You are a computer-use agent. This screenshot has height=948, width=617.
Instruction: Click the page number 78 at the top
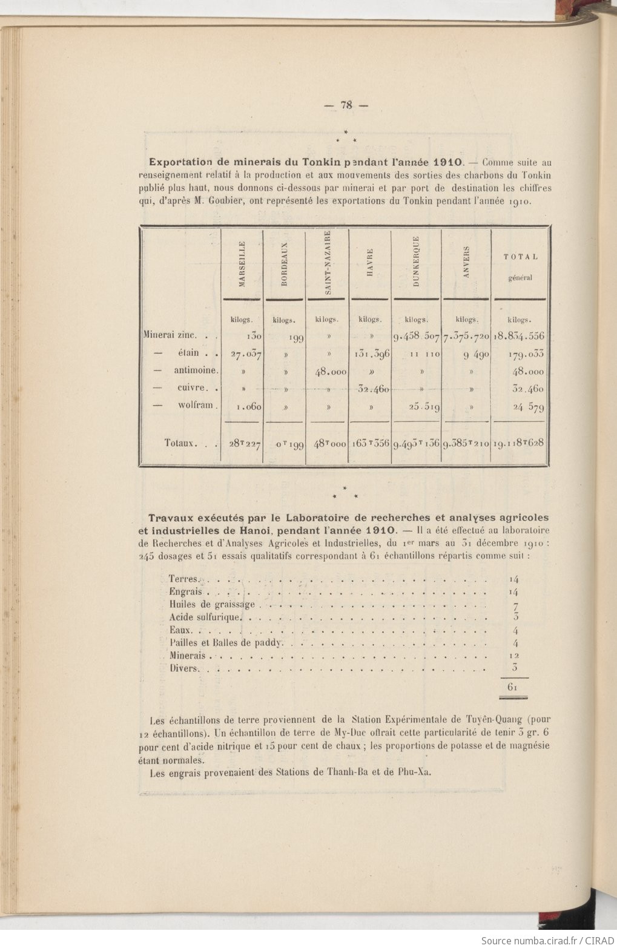346,104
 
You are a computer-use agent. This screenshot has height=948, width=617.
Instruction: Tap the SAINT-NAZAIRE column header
328,262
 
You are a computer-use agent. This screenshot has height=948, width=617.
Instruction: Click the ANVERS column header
466,262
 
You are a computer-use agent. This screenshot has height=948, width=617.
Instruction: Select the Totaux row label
182,443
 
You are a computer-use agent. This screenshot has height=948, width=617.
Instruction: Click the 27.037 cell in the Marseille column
246,355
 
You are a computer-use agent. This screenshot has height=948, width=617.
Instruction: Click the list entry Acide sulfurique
206,618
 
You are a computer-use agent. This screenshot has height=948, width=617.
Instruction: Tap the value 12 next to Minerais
515,656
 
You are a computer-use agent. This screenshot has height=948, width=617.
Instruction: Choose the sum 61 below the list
512,687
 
